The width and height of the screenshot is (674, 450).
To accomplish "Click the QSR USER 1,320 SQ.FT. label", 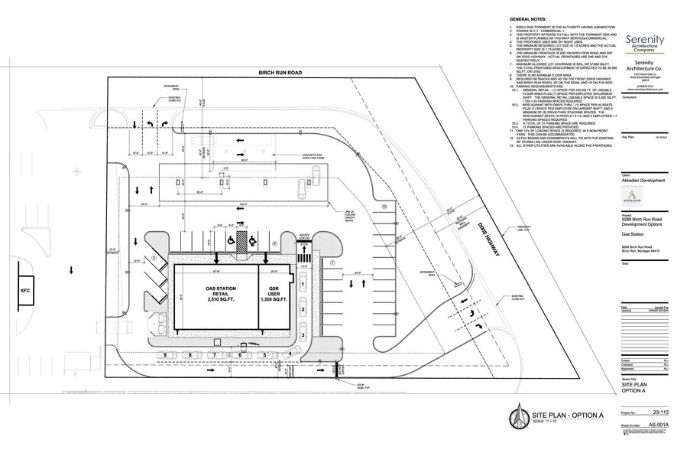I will point(274,295).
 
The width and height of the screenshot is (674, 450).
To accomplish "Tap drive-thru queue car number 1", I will point(303,285).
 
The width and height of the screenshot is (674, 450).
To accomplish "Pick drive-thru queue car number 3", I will point(303,334).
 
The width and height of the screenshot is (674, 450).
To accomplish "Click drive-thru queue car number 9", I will point(165,355).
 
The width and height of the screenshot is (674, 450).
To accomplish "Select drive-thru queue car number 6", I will point(240,355).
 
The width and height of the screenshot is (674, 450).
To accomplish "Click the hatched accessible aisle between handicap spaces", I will point(241,241).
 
